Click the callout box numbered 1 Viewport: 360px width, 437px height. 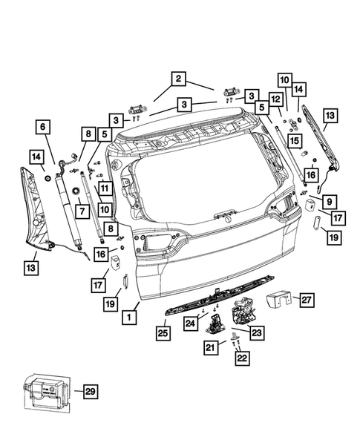(128, 317)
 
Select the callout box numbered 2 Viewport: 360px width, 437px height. (178, 78)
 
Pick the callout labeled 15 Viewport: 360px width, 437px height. (294, 141)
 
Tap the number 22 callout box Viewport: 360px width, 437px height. (240, 359)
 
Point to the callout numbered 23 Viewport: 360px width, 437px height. (256, 333)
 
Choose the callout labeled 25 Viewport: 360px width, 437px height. (163, 333)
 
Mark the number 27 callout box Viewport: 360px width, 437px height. (307, 299)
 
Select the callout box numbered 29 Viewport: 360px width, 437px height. (89, 391)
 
